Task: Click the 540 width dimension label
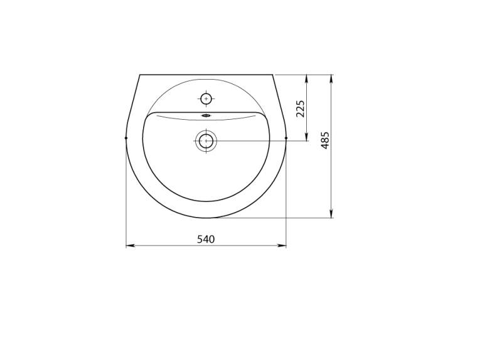tap(206, 239)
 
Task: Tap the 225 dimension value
tap(301, 109)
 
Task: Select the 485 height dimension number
tap(325, 140)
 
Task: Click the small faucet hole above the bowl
tap(206, 98)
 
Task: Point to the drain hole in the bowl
tap(206, 140)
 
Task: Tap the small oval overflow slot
tap(206, 115)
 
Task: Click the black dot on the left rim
tap(126, 138)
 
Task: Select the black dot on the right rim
tap(286, 138)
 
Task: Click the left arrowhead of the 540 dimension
tap(130, 245)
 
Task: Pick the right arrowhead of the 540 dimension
tap(282, 245)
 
